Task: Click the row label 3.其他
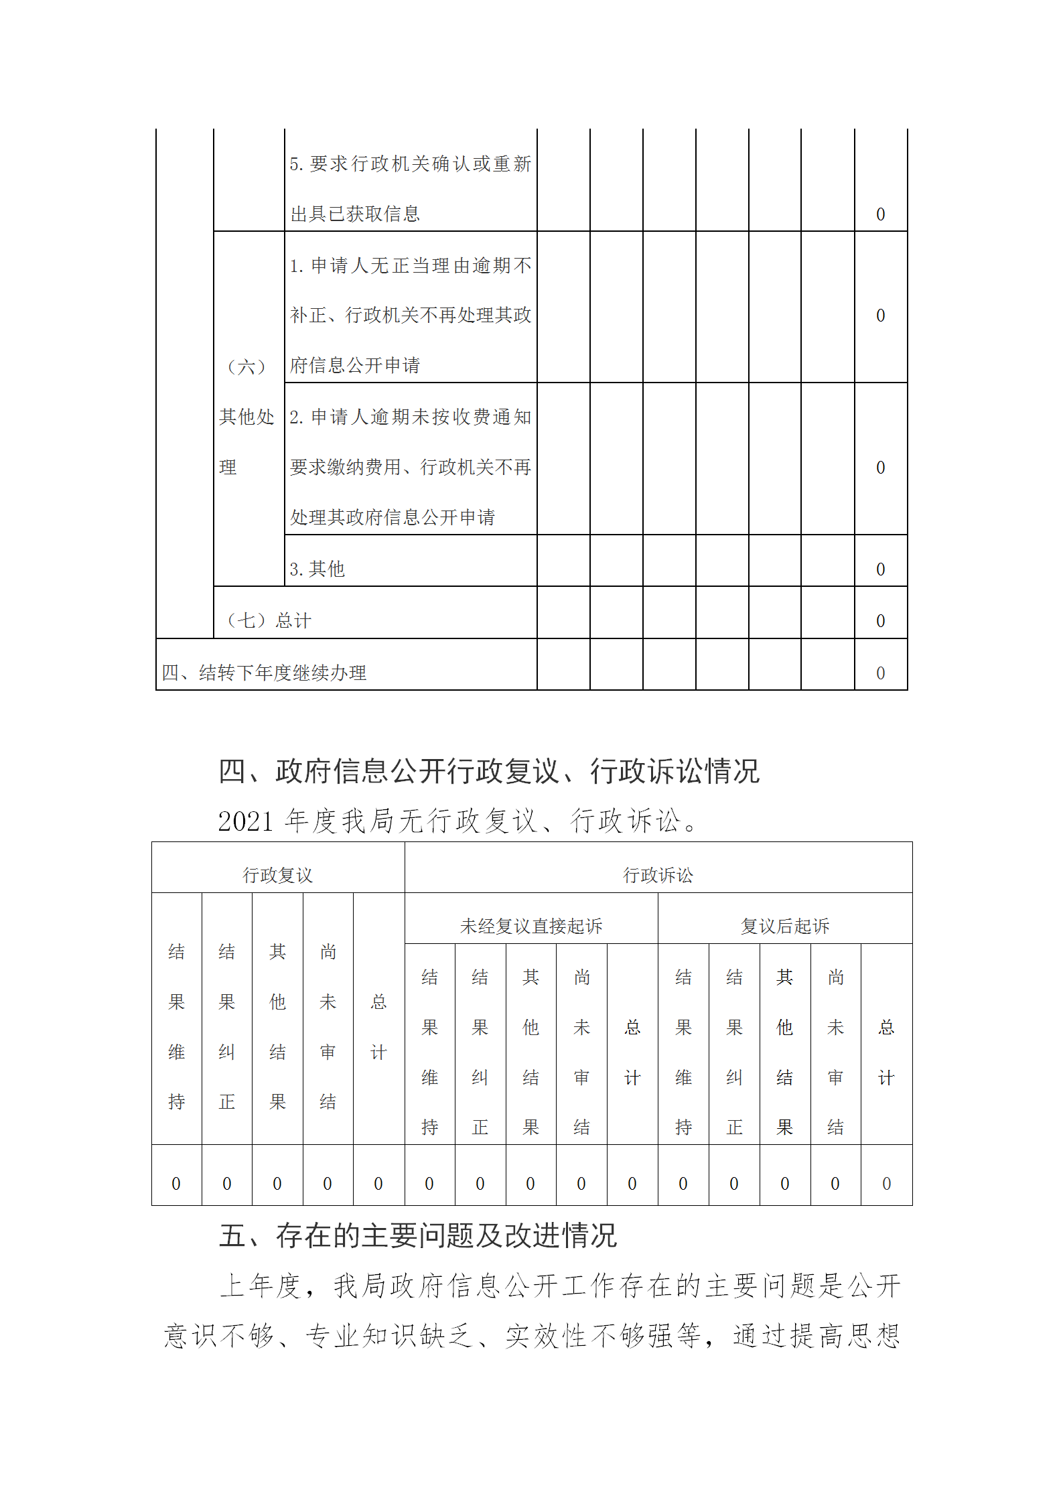317,569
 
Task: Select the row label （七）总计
269,620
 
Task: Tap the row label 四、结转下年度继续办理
264,673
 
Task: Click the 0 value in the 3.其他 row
880,569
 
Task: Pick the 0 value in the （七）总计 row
880,621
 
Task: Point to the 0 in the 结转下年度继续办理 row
880,673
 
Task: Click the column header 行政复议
277,875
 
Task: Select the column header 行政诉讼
658,875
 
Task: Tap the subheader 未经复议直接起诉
530,926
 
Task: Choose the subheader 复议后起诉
784,926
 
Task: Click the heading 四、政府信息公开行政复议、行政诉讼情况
488,771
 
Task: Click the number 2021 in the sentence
245,821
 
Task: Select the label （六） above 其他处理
246,366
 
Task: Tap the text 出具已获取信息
355,214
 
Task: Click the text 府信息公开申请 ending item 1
355,365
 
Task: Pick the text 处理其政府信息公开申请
392,517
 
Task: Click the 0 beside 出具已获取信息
880,214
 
